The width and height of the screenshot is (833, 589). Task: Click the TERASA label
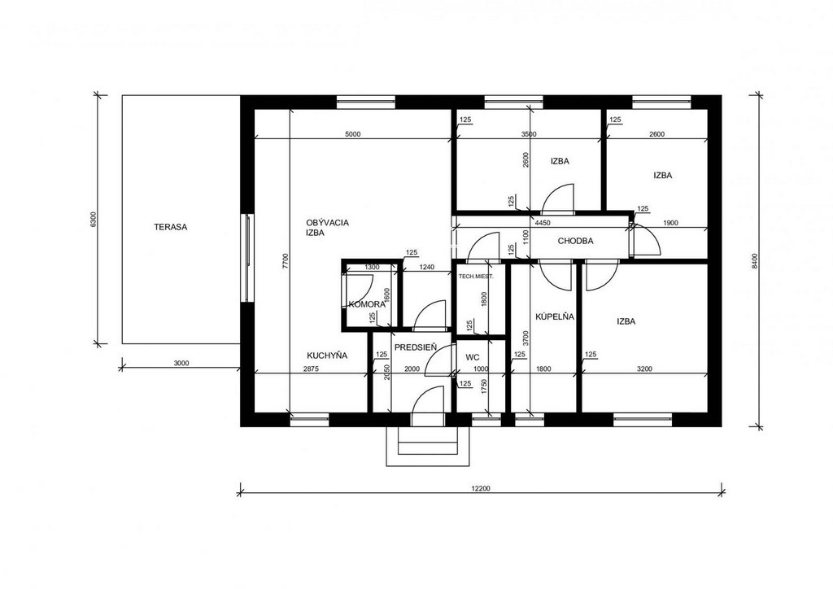(171, 227)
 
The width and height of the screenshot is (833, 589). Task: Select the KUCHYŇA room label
(327, 356)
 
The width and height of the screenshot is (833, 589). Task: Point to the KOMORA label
(367, 304)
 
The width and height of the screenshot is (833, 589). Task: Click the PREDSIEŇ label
(416, 347)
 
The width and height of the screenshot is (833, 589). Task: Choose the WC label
(473, 357)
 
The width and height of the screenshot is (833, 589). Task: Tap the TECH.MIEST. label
(476, 276)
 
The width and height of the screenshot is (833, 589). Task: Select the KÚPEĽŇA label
(555, 316)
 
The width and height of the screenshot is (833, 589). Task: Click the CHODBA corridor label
(575, 241)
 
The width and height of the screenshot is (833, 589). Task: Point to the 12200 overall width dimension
(480, 489)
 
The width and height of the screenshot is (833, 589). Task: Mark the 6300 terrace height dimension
(94, 220)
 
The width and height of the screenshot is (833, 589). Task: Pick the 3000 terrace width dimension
(181, 364)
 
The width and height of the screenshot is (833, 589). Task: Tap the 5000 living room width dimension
(353, 134)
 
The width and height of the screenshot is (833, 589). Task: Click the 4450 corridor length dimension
(543, 223)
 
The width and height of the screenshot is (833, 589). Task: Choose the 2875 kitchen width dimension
(311, 369)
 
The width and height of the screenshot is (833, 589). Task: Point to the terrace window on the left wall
(247, 258)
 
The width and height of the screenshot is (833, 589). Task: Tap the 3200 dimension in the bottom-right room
(644, 369)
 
